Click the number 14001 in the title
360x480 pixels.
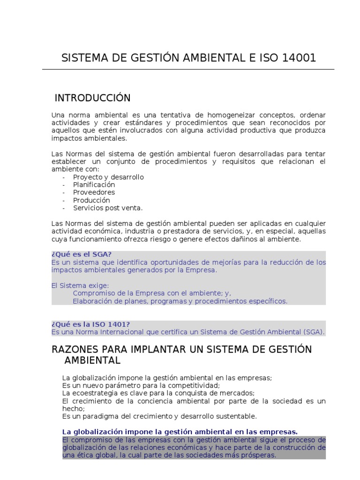click(x=300, y=58)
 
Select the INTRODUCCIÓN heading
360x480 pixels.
click(x=92, y=98)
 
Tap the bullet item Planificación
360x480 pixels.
click(x=94, y=185)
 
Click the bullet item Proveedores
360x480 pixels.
click(x=94, y=192)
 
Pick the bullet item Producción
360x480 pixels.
click(x=91, y=200)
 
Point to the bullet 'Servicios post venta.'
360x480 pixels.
click(x=107, y=208)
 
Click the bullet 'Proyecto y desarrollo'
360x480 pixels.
click(x=108, y=177)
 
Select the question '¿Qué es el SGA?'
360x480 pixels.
click(x=81, y=254)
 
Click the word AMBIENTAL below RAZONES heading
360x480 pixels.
click(x=92, y=360)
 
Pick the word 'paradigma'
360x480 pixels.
click(x=95, y=416)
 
